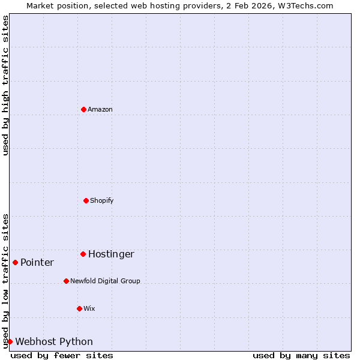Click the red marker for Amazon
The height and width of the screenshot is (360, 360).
(83, 109)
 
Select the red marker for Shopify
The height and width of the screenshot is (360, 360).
(86, 200)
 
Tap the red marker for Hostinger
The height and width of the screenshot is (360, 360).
(83, 254)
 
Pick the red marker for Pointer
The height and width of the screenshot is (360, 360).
(15, 262)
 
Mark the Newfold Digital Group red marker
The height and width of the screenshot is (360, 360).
(66, 281)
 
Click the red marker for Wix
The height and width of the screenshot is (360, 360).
(79, 308)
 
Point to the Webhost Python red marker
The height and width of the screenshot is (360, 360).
(10, 341)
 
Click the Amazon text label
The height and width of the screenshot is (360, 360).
(100, 109)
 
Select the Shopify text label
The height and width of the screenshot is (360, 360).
(102, 200)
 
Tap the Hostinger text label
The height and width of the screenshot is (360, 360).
(111, 254)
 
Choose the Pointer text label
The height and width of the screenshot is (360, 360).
(37, 263)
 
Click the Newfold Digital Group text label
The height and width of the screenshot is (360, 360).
(105, 281)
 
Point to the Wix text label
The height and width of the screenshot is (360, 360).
(89, 308)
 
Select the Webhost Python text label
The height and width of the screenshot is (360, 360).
(54, 342)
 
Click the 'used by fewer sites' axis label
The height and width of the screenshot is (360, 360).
(62, 355)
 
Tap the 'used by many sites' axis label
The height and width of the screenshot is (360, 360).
(301, 355)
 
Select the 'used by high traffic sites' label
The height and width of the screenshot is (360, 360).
(6, 86)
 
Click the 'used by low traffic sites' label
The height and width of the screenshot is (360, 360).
(6, 281)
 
